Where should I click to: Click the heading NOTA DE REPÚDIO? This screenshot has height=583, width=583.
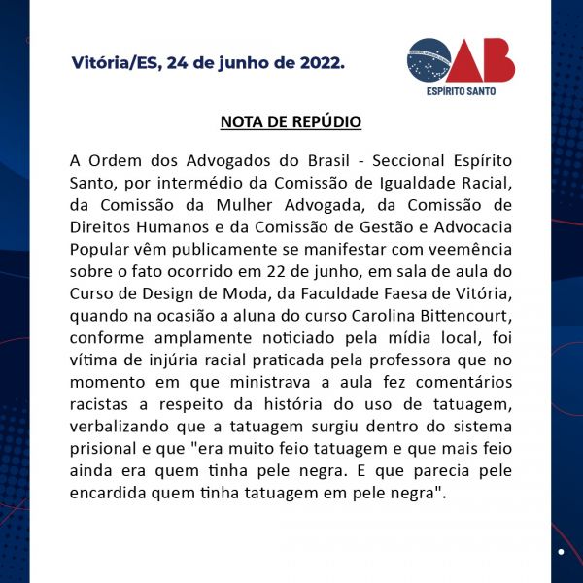pos(291,122)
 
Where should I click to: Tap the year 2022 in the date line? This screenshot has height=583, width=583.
pos(320,63)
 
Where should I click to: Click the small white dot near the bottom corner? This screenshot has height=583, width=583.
pos(561,551)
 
